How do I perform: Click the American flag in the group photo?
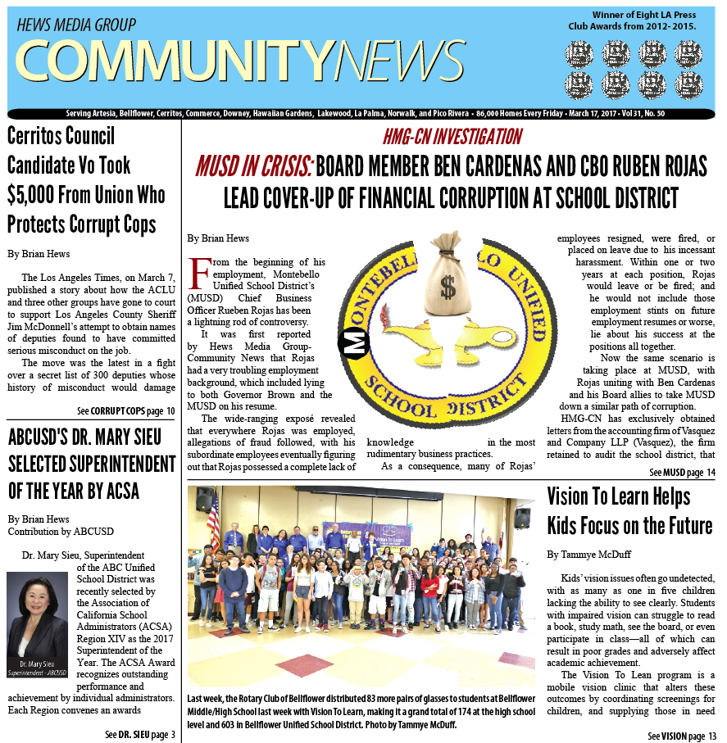point(214,517)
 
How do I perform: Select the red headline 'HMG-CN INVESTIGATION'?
point(452,137)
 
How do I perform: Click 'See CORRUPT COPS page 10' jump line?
point(125,410)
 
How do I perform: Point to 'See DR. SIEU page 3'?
point(139,734)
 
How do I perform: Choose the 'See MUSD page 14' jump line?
point(683,473)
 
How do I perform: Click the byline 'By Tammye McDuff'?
point(588,555)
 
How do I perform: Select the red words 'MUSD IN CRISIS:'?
point(253,167)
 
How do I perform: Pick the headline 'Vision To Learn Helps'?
point(618,496)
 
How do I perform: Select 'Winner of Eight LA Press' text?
point(644,15)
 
